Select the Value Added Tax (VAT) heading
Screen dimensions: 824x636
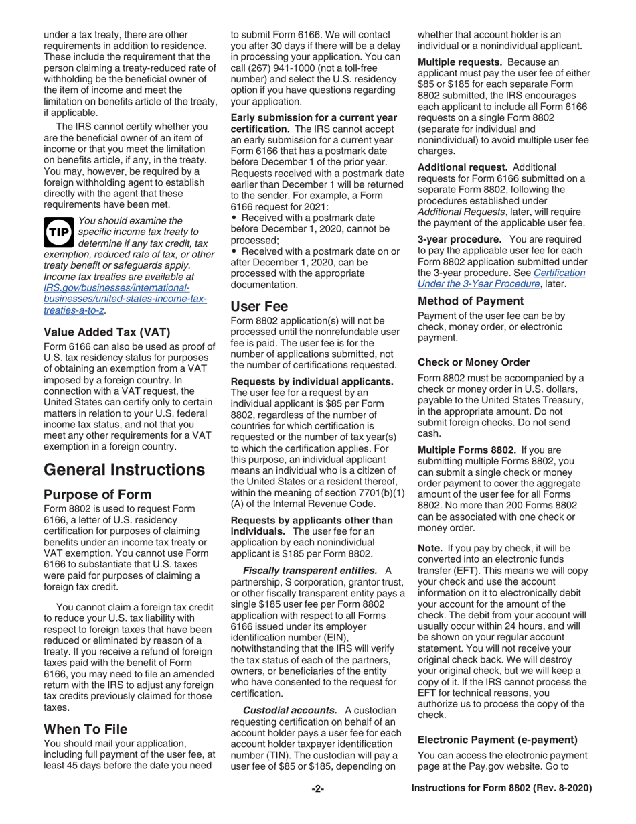106,331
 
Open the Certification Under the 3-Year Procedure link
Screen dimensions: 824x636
501,278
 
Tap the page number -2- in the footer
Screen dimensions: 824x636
318,788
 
